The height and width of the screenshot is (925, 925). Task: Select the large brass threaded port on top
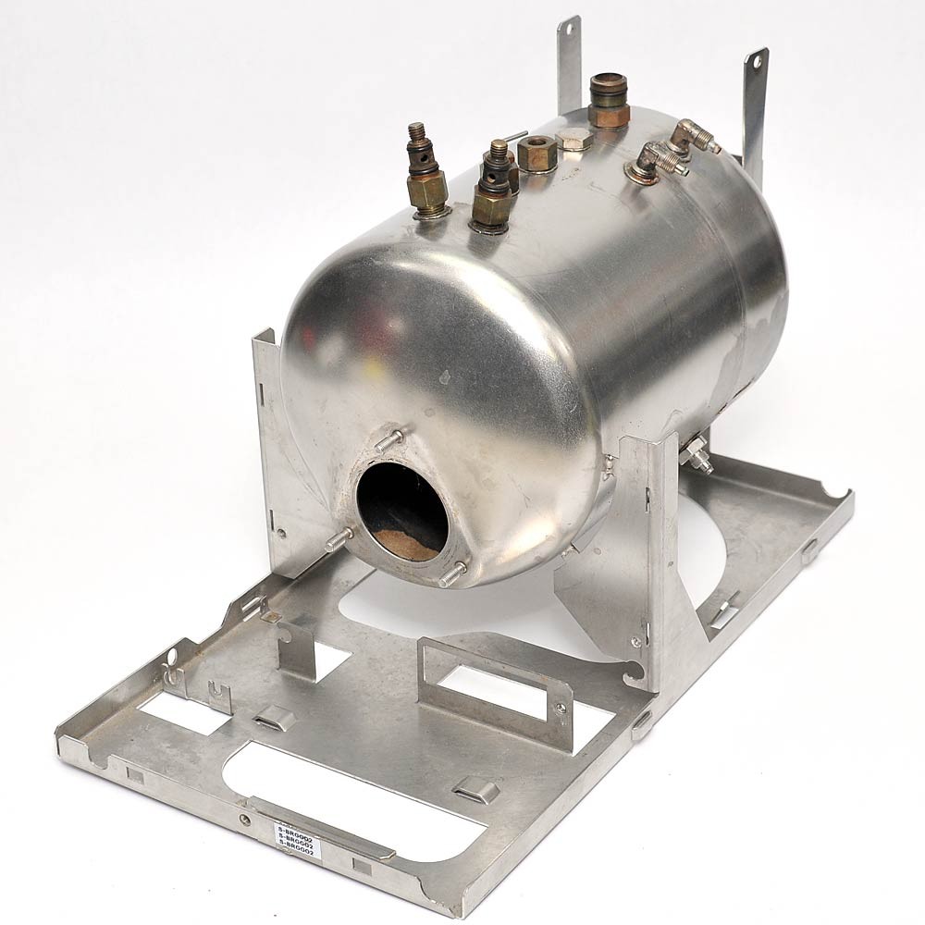pos(608,101)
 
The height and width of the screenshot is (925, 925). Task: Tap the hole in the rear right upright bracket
pos(757,63)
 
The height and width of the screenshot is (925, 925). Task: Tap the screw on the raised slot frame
pos(560,709)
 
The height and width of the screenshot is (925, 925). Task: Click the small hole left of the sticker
pos(244,819)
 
